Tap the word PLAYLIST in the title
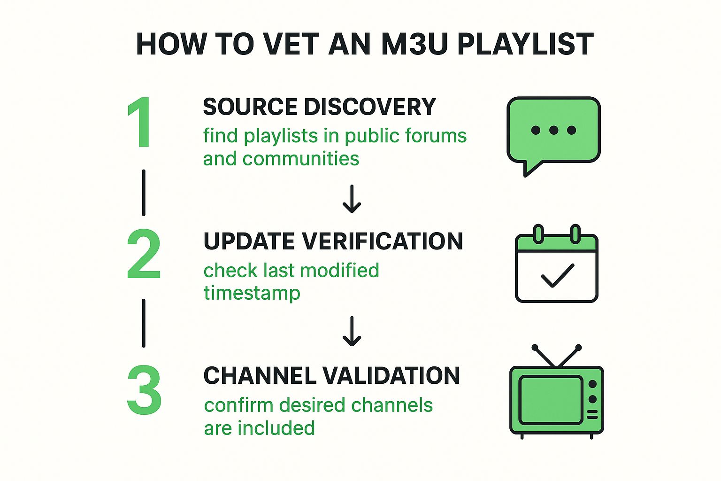click(525, 44)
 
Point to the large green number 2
click(144, 254)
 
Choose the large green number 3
click(144, 390)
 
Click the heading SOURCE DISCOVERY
click(319, 107)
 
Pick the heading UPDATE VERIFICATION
click(333, 241)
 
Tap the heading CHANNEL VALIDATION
click(331, 376)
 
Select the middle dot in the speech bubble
click(553, 130)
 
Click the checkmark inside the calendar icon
click(557, 275)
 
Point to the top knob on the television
click(592, 384)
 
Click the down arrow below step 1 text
click(352, 199)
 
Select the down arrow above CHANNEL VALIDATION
click(352, 332)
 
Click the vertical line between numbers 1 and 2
click(144, 193)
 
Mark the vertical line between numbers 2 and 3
click(144, 323)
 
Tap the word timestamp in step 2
click(252, 293)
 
